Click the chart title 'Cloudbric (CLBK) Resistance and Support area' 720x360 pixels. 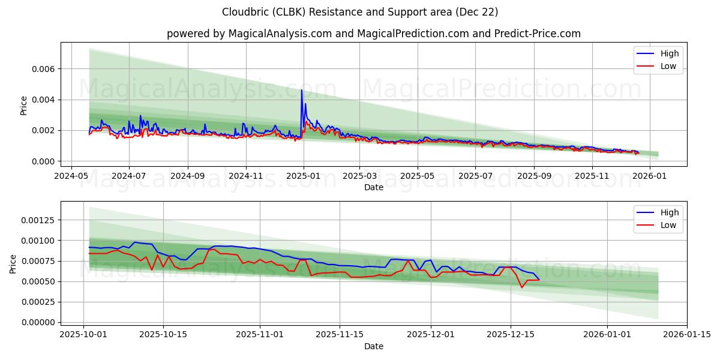[x=360, y=12]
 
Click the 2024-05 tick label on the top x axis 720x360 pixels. [x=72, y=176]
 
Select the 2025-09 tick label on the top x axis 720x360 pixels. [x=533, y=176]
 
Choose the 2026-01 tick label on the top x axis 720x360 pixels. [x=650, y=176]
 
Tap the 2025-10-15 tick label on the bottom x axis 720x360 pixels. [x=163, y=334]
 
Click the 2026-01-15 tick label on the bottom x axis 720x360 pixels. [x=687, y=334]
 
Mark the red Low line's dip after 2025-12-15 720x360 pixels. [x=521, y=287]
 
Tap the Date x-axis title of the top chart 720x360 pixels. [x=373, y=187]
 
